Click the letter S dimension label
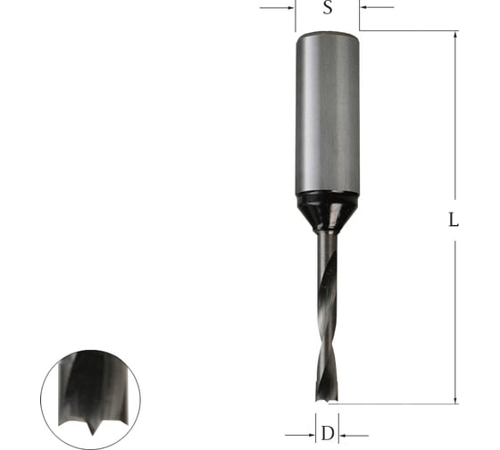tap(328, 7)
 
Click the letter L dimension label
tap(454, 220)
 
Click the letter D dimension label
tap(328, 433)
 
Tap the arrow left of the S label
tap(277, 8)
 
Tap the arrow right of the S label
tap(377, 7)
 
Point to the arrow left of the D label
tap(300, 435)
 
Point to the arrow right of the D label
tap(354, 435)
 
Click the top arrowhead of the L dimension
tap(455, 35)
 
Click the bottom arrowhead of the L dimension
tap(455, 400)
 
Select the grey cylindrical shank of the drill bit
tap(328, 113)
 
